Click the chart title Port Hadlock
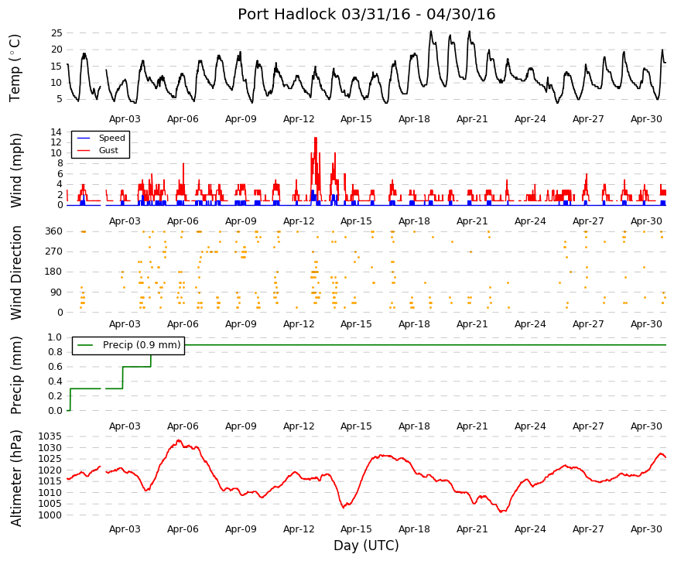point(287,14)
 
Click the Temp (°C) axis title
point(15,68)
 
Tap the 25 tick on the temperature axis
point(56,33)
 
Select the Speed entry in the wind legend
point(111,138)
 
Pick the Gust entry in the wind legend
point(108,150)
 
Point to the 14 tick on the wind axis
point(56,132)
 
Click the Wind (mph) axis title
point(15,170)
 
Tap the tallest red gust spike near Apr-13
point(316,139)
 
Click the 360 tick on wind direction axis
point(54,231)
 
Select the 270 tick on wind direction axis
point(54,251)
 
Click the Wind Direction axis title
point(15,273)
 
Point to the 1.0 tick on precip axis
point(55,337)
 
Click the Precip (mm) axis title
point(15,375)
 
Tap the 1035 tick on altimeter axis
point(50,436)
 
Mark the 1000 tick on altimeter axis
point(50,515)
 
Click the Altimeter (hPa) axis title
point(15,478)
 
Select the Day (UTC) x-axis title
point(366,546)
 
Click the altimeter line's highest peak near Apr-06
point(179,440)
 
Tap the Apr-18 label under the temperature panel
point(414,119)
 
